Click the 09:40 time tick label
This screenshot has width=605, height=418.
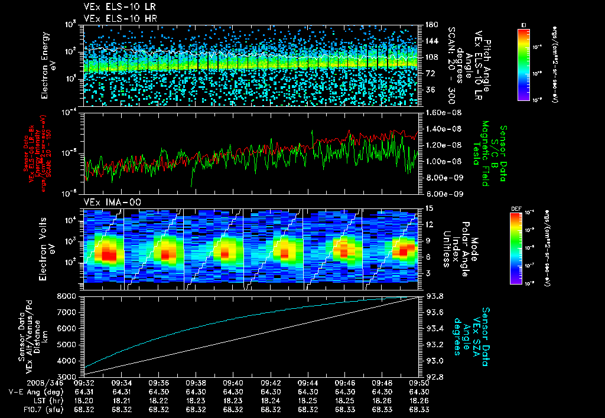click(x=233, y=383)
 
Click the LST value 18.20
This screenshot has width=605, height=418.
click(x=84, y=400)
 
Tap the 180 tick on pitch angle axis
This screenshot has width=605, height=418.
click(x=430, y=25)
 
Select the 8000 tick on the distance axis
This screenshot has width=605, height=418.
click(x=67, y=296)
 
